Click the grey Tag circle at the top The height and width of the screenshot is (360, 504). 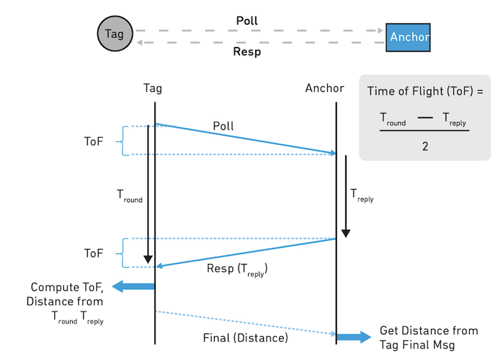114,34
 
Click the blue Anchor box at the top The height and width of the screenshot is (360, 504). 408,37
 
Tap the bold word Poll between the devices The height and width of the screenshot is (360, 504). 247,21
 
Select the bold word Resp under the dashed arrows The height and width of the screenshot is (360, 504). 247,52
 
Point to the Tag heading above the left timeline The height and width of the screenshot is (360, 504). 152,89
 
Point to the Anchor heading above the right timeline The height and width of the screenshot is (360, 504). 324,88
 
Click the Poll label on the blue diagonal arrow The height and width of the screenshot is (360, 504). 223,126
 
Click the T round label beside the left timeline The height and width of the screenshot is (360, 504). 129,196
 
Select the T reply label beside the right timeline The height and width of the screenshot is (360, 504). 362,196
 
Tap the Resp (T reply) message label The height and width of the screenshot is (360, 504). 237,269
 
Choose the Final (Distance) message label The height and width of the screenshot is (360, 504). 245,337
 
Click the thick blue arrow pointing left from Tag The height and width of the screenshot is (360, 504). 133,286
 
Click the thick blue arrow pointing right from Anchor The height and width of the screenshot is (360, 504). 353,337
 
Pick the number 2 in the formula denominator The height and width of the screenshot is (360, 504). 425,146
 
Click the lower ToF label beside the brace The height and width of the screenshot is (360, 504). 93,253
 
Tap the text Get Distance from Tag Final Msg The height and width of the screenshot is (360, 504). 429,338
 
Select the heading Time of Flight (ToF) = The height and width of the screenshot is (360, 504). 425,91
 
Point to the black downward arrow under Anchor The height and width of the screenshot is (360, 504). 346,196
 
